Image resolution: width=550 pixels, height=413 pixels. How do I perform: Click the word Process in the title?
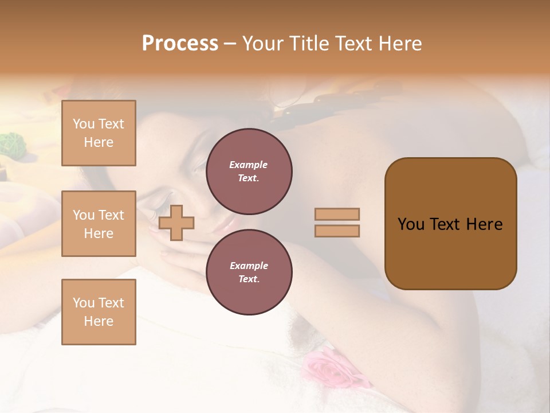180,44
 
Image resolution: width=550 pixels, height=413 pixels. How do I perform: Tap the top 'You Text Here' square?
99,133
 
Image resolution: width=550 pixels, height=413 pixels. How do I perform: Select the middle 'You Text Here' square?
99,224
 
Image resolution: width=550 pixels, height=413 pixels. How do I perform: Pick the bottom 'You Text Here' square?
99,312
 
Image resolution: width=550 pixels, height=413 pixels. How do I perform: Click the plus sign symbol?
176,223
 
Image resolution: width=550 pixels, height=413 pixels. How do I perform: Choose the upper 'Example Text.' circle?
249,172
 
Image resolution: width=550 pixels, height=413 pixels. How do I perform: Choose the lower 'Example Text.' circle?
249,272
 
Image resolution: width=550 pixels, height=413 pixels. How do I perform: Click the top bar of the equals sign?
337,214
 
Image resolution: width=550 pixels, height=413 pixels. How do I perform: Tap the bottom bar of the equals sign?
337,231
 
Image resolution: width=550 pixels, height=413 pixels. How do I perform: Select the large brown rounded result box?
450,224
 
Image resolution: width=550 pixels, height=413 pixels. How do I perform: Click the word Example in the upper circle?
249,165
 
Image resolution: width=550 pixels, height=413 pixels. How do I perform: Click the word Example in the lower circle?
249,266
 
